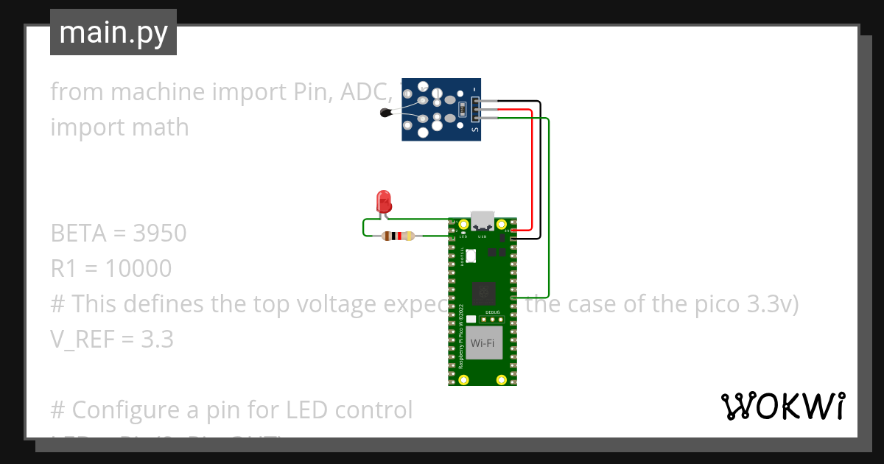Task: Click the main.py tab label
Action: tap(113, 32)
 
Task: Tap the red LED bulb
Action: tap(383, 201)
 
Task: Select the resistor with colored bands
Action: tap(398, 236)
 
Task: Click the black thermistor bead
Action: tap(385, 113)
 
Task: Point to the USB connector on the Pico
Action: tap(483, 220)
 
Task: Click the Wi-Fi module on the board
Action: tap(482, 342)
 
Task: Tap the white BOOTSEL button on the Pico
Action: tap(471, 255)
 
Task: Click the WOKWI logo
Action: tap(782, 406)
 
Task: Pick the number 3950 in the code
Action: tap(160, 233)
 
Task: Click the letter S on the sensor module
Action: tap(474, 131)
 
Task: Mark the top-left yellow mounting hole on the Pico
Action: tap(463, 224)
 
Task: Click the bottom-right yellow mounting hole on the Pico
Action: tap(502, 379)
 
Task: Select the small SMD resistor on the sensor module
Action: tap(462, 110)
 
